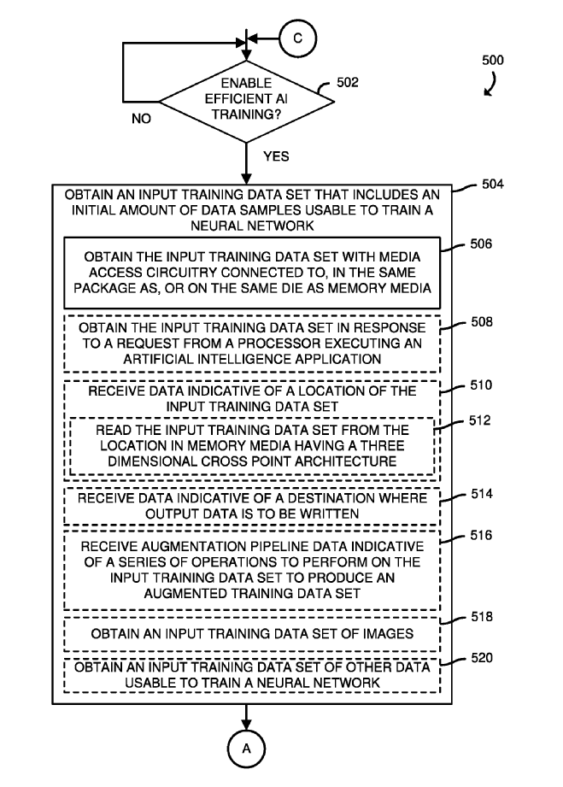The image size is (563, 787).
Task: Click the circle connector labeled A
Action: coord(248,749)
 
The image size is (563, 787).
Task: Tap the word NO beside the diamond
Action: coord(142,119)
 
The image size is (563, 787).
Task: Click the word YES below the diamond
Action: coord(275,156)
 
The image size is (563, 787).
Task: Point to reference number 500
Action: coord(492,61)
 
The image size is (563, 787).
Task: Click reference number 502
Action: coord(348,82)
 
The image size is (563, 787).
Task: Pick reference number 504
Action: coord(493,184)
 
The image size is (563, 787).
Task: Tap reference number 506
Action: coord(481,244)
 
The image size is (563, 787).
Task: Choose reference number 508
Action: coord(481,323)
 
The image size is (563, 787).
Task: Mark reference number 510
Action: coord(481,385)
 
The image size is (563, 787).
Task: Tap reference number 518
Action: coord(481,615)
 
